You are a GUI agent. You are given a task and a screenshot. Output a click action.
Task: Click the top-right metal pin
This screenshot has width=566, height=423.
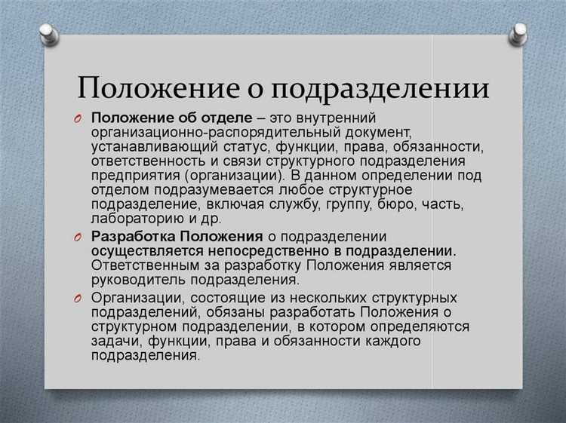point(518,32)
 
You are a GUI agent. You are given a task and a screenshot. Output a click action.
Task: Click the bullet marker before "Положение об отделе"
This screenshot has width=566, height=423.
point(79,120)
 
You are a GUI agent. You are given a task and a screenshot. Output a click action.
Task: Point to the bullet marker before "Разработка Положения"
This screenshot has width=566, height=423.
point(79,238)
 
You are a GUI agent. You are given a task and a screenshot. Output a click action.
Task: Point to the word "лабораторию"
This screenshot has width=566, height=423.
point(131,219)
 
